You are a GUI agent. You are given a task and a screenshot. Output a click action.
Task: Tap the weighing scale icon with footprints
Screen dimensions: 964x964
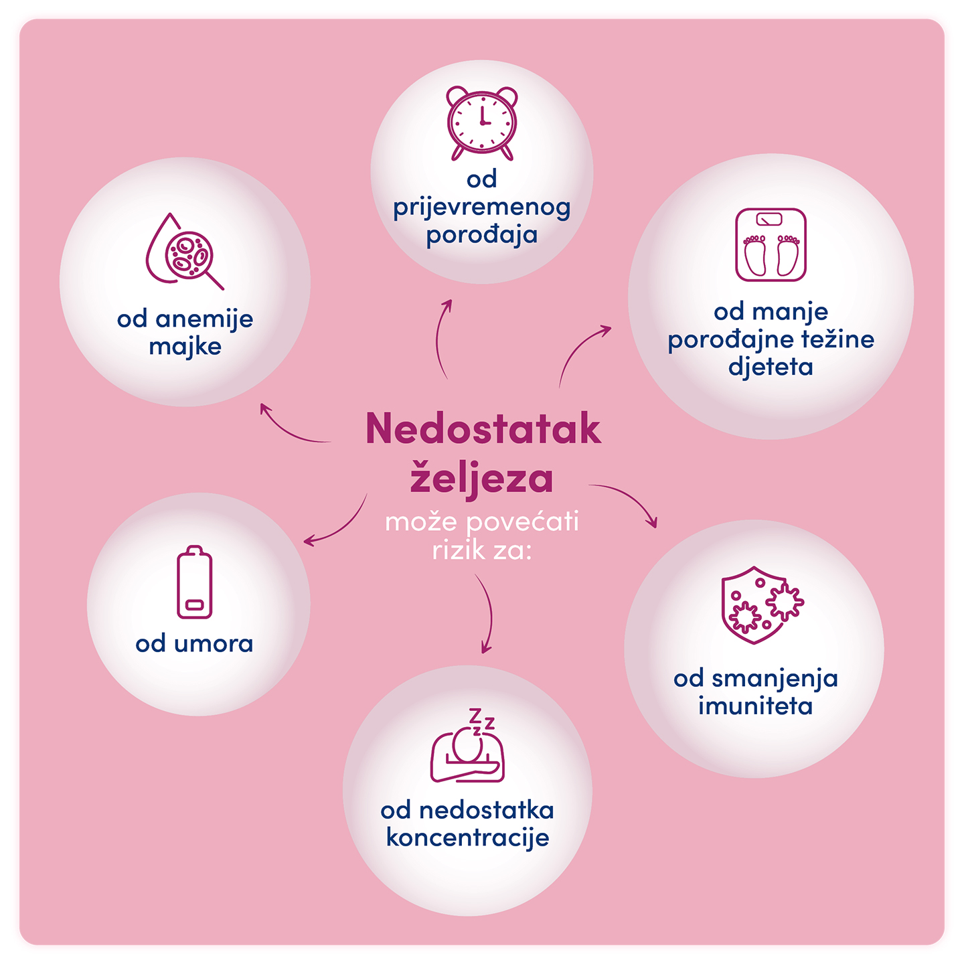click(x=771, y=244)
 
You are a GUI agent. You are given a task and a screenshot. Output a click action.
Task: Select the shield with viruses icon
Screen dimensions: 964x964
click(x=760, y=605)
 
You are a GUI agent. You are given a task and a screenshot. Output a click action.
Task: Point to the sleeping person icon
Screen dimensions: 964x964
click(x=467, y=753)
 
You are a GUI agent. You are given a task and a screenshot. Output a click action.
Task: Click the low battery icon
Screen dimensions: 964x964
click(x=194, y=582)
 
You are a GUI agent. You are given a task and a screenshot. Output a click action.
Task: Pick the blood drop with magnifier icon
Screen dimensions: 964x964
click(x=183, y=252)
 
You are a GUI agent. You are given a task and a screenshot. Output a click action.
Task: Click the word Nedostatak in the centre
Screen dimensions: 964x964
click(x=483, y=429)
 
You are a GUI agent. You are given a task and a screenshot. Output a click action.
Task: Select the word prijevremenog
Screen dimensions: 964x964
click(x=482, y=208)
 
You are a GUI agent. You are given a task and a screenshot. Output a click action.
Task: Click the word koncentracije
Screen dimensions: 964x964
click(x=467, y=838)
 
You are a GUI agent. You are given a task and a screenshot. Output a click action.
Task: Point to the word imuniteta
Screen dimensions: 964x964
click(x=755, y=706)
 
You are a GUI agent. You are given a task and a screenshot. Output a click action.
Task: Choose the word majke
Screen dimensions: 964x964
click(x=185, y=347)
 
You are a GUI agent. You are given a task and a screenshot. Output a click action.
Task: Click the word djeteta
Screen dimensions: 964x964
click(x=771, y=367)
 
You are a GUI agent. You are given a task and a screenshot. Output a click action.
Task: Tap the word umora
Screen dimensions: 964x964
click(x=214, y=644)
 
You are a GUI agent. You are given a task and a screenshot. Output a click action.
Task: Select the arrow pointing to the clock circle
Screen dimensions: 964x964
click(x=442, y=338)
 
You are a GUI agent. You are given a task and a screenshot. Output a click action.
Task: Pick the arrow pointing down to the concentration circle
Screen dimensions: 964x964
click(x=487, y=616)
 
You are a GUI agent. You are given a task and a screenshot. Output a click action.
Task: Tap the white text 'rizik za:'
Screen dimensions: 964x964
click(x=481, y=551)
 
